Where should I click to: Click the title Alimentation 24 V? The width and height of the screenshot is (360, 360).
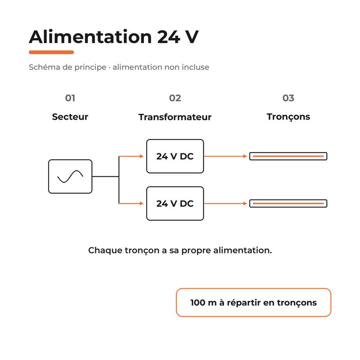114,37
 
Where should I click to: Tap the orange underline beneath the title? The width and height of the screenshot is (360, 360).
51,52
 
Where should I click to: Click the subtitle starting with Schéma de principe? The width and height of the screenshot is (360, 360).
119,67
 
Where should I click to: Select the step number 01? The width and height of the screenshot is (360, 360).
70,98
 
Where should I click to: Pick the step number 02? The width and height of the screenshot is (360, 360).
175,98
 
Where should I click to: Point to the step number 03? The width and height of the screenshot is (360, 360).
288,98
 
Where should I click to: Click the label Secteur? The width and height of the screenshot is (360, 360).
70,117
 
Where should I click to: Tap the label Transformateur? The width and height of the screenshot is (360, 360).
175,117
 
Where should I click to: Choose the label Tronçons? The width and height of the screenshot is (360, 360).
288,117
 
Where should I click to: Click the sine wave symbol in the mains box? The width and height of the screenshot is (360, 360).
70,176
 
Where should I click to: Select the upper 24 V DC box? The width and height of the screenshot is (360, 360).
175,156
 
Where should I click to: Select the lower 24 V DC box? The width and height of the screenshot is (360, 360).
175,203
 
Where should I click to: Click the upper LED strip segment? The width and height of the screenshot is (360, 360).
288,156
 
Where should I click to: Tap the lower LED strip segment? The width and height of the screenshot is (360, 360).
288,203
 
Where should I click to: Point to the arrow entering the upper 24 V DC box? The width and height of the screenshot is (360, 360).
131,156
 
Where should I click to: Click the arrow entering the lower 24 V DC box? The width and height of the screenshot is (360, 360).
131,203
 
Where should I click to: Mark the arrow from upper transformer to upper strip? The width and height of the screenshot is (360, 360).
225,156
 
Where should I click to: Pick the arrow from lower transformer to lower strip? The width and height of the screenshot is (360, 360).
225,203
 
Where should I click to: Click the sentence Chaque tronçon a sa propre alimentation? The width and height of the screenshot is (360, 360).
180,251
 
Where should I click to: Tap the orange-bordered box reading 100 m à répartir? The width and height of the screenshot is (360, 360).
253,302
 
